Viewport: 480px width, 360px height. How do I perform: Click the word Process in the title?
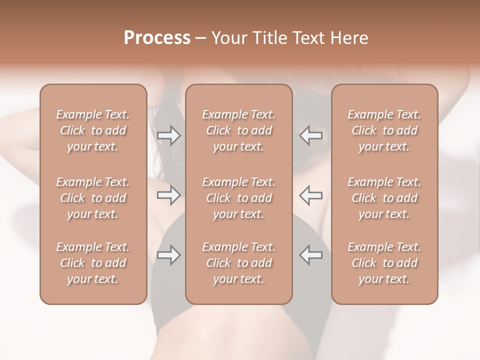pos(157,38)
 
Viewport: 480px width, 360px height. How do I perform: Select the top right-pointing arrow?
pos(168,135)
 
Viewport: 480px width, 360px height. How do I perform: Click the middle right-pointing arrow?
pos(168,194)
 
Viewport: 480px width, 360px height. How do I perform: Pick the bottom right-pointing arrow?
pos(168,255)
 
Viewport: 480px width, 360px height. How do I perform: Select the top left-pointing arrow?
pos(310,135)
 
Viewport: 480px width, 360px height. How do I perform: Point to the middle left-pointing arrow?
pos(310,194)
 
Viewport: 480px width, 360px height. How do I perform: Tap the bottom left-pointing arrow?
pos(310,255)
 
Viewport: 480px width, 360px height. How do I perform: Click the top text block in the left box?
pos(93,130)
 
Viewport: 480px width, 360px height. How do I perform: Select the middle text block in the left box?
pos(93,198)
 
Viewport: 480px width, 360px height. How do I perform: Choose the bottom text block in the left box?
pos(93,263)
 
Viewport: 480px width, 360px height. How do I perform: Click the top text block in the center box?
pos(239,130)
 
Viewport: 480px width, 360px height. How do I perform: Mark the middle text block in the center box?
pos(239,198)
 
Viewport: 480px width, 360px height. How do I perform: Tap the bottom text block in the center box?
pos(239,263)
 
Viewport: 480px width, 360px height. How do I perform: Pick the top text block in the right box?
pos(384,130)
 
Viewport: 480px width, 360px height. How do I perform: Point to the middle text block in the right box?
pos(384,198)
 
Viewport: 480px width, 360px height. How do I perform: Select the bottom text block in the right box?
pos(384,263)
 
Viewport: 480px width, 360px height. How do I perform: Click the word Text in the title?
pos(308,38)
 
